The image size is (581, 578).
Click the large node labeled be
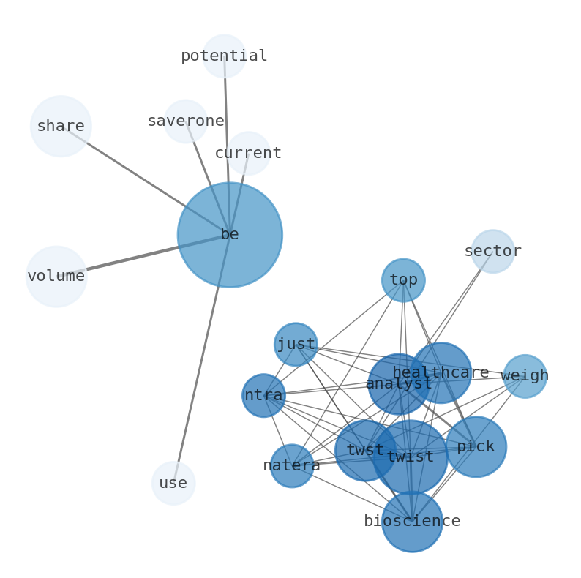point(229,235)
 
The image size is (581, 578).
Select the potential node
point(224,56)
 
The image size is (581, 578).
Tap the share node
point(61,126)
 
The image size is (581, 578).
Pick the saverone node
point(186,121)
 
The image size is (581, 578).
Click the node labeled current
point(248,153)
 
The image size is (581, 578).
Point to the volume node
point(56,276)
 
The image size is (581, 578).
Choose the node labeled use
point(173,483)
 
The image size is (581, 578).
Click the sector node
point(492,251)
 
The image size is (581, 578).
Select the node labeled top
point(403,280)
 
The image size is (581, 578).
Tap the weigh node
point(525,376)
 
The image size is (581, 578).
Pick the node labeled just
point(296,344)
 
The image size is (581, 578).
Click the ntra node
point(263,395)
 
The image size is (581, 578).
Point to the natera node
point(292,465)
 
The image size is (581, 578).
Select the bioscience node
point(412,521)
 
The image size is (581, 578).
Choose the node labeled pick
point(476,446)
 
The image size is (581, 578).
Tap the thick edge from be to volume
point(139,256)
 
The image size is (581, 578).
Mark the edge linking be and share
point(146,181)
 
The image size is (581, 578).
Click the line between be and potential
point(227,146)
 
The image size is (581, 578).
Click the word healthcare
point(441,372)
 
